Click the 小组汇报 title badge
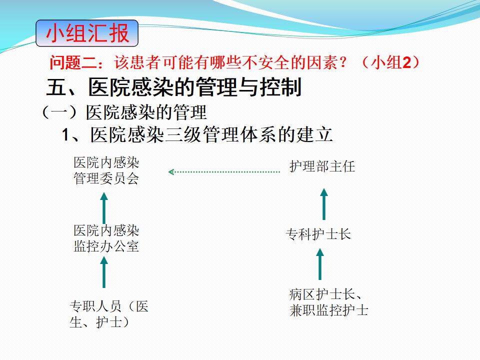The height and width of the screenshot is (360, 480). pos(87,33)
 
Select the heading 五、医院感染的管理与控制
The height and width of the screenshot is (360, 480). pos(174,87)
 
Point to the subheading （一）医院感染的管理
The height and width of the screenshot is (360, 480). pos(123,112)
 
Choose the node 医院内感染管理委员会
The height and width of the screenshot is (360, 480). pos(106,170)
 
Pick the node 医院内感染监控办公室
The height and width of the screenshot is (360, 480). pos(106,238)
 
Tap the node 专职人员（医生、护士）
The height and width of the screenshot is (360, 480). pos(109,314)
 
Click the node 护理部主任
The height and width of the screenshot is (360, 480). pos(322,166)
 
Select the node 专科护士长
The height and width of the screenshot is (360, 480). pos(318,234)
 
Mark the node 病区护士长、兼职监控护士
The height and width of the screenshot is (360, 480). pos(328,302)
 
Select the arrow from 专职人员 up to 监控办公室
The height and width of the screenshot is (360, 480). pos(104,272)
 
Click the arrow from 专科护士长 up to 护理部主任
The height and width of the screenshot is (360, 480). pos(324,203)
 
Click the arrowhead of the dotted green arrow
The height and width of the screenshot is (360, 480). pos(171,171)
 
